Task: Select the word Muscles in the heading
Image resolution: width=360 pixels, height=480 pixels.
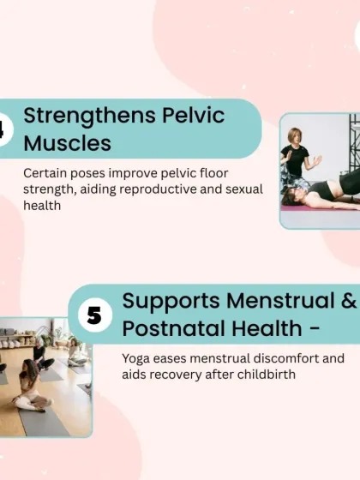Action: (68, 141)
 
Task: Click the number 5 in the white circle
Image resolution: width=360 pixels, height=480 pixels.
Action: (94, 315)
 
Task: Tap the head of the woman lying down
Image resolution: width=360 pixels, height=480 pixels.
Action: (291, 196)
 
